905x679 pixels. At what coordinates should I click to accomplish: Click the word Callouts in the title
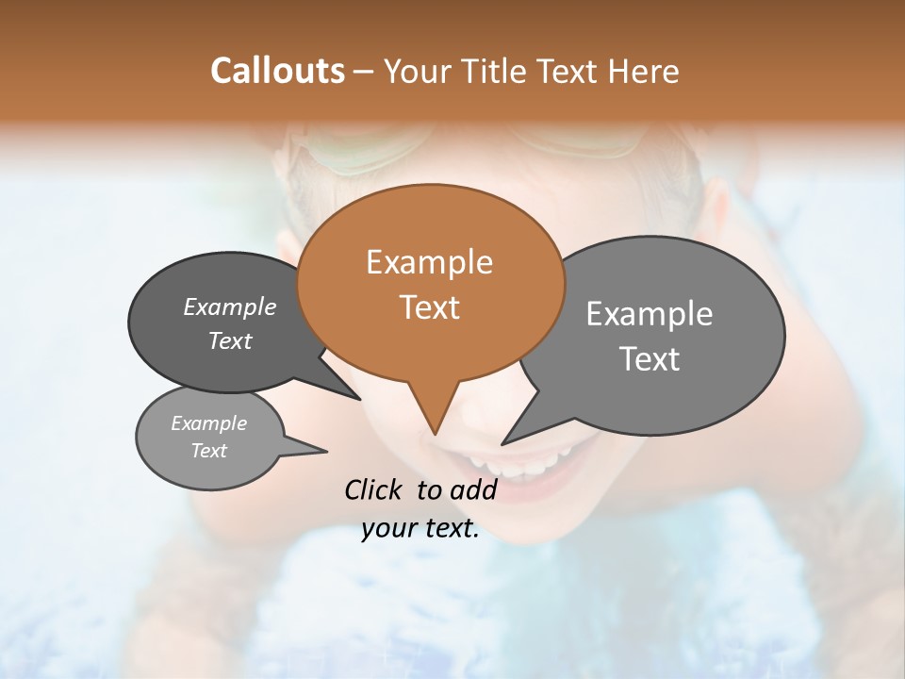coord(277,71)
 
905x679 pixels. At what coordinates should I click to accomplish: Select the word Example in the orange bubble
coord(429,262)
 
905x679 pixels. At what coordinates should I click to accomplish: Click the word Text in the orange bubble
coord(429,307)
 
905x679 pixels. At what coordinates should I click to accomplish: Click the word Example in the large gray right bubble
coord(650,314)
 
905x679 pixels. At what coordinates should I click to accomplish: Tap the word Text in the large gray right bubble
coord(650,359)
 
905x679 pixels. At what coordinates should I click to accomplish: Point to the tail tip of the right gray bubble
coord(503,443)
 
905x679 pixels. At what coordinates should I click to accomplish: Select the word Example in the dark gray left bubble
coord(230,306)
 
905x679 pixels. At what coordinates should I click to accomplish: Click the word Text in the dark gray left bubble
coord(230,340)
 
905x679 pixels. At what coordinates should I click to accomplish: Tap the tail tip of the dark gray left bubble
coord(359,399)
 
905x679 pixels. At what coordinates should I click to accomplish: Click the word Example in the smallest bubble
coord(208,423)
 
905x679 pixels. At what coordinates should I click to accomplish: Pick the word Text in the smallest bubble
coord(208,451)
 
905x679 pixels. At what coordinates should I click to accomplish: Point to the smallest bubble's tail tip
coord(326,450)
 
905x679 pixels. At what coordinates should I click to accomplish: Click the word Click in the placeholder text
coord(374,489)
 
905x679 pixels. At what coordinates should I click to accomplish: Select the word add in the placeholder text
coord(472,489)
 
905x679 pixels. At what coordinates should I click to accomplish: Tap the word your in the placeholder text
coord(388,529)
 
